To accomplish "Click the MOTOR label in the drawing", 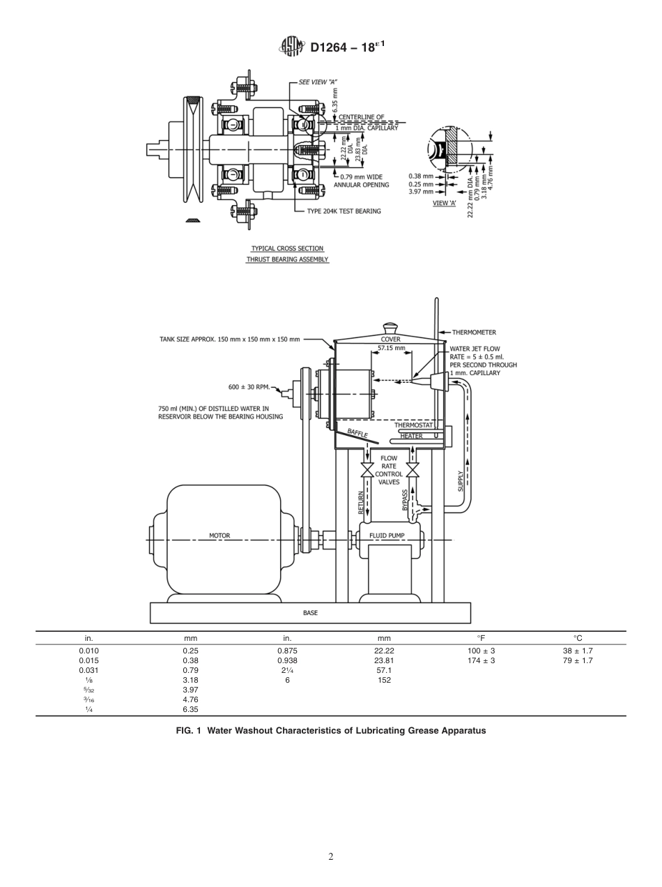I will click(x=220, y=536).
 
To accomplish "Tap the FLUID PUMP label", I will click(x=387, y=536).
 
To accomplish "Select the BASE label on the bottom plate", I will click(x=310, y=613).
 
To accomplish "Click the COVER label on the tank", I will click(x=390, y=340).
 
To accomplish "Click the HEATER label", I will click(x=411, y=436).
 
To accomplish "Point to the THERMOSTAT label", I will click(x=414, y=425).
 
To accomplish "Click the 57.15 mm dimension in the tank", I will click(x=391, y=347).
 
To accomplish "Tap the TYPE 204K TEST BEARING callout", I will click(x=348, y=211).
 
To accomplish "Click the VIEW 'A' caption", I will click(x=445, y=203).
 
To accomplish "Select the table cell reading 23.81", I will click(x=384, y=660).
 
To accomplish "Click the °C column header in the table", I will click(x=577, y=638).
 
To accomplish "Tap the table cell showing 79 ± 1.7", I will click(x=577, y=660).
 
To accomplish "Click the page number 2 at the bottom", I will click(x=331, y=857).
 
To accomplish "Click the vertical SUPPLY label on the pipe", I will click(x=461, y=480).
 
